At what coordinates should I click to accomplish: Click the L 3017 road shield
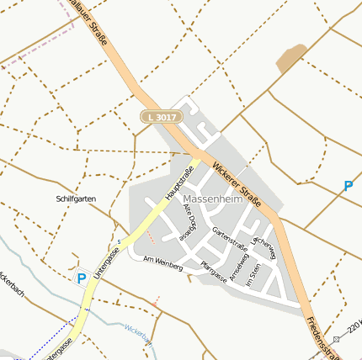click(x=160, y=118)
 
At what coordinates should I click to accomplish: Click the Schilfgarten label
click(x=76, y=199)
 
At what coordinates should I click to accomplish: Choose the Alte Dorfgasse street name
click(x=189, y=222)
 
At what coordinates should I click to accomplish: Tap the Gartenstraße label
click(x=230, y=239)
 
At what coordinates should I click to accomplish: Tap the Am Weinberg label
click(x=162, y=263)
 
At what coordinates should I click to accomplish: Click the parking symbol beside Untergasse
click(x=82, y=278)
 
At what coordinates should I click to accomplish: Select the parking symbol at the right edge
click(x=348, y=186)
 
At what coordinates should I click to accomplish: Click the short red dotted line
click(x=156, y=299)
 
